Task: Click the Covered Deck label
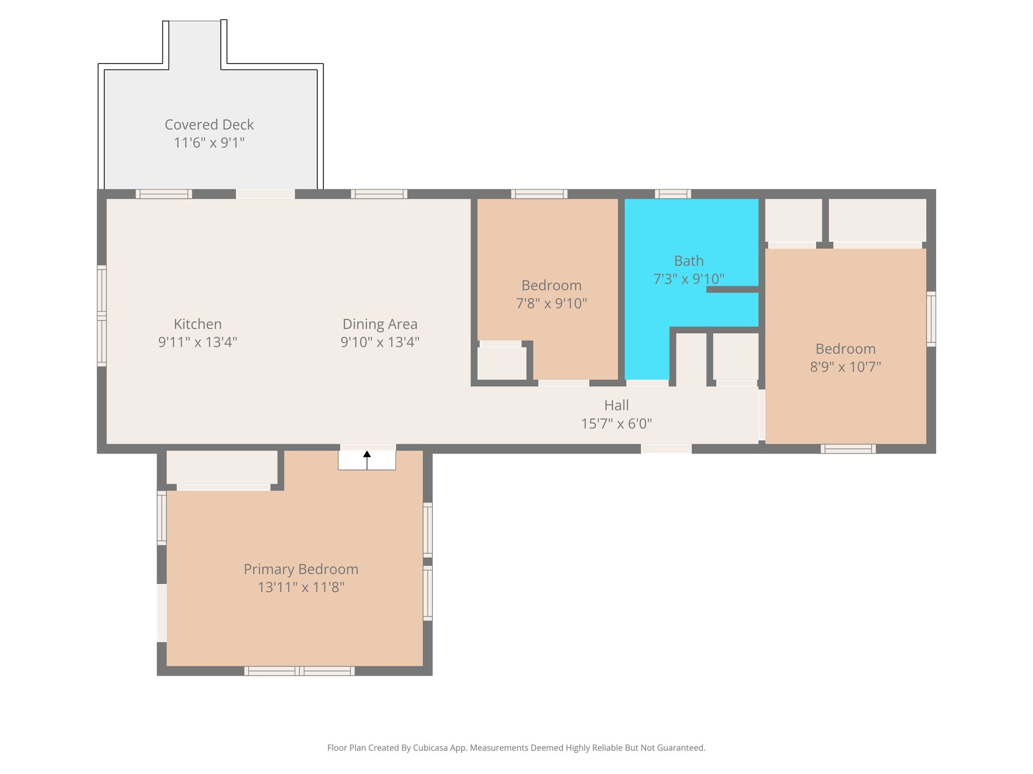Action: pos(209,124)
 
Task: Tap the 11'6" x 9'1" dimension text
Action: pos(209,143)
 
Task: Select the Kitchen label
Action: pos(198,324)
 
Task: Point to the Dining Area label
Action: pos(380,324)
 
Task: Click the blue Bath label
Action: pos(688,261)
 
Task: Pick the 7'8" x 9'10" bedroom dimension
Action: pos(551,303)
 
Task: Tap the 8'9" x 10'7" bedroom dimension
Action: pos(845,367)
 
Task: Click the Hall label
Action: pos(616,405)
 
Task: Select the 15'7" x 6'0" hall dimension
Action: pos(616,423)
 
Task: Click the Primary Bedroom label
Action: pos(301,569)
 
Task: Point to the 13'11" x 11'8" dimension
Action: pos(301,587)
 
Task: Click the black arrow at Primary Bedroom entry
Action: pos(367,457)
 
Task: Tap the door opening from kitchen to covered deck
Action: pos(265,194)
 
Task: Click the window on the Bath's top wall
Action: pos(673,194)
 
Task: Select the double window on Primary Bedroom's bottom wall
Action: pos(300,671)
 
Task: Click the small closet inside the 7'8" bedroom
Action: pos(501,363)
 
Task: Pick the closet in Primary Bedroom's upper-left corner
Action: pos(222,467)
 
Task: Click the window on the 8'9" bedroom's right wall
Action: pos(931,319)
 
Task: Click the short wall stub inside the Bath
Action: pos(732,289)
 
